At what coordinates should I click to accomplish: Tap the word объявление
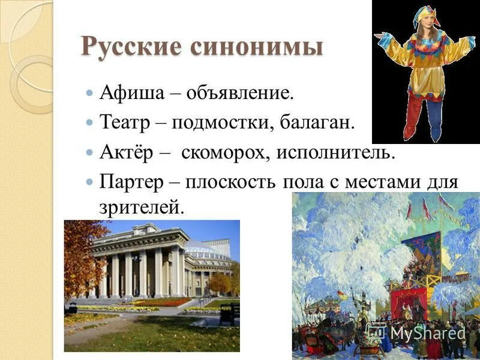240,94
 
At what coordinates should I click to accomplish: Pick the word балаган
319,123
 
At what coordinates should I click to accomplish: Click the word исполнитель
336,152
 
